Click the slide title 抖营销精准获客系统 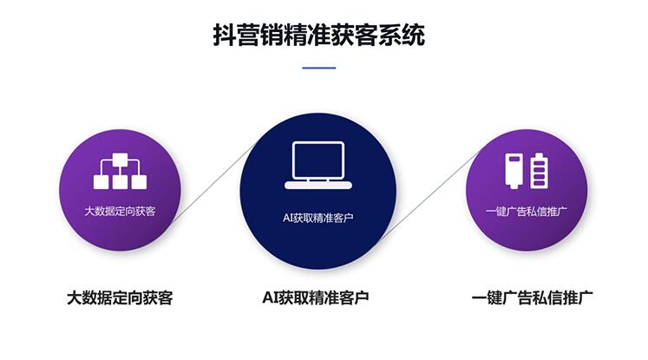[318, 35]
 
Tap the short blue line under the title [318, 68]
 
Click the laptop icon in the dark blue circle [318, 166]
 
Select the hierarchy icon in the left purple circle [120, 171]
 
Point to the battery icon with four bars [540, 171]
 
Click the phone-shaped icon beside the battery [514, 171]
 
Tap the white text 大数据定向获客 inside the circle [120, 212]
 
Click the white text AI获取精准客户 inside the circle [318, 218]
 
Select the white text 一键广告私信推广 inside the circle [526, 212]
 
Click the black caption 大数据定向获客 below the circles [120, 298]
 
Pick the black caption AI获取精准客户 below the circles [315, 298]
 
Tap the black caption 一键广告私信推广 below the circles [533, 298]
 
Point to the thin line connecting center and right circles [429, 193]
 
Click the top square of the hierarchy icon [121, 160]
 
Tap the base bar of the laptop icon [318, 186]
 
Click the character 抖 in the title [224, 35]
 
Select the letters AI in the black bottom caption [270, 298]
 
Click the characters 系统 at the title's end [402, 35]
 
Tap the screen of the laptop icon [318, 160]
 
